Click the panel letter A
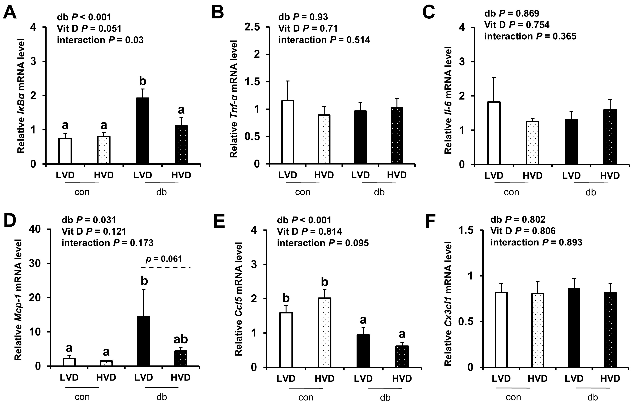pos(10,12)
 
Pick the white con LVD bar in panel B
pos(288,132)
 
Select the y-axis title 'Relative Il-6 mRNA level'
pos(448,100)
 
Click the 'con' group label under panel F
pos(513,397)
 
